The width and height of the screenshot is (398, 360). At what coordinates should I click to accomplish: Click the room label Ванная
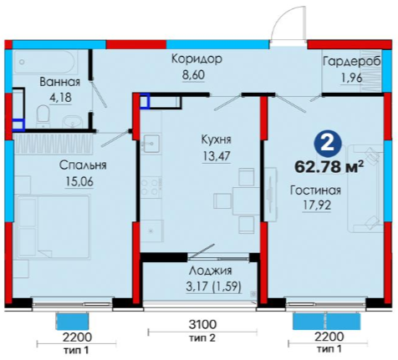(59, 82)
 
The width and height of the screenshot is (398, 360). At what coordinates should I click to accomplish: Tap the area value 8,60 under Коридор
(193, 75)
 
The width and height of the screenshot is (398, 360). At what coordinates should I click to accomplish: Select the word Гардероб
(351, 62)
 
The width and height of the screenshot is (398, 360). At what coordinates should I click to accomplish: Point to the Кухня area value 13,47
(217, 155)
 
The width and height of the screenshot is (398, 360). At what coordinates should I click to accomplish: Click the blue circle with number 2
(328, 144)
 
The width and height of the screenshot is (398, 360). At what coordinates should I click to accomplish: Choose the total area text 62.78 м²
(329, 167)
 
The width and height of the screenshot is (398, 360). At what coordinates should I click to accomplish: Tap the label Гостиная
(315, 190)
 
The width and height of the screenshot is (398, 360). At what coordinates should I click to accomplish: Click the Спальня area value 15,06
(79, 182)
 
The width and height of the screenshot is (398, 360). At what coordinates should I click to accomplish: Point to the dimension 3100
(202, 324)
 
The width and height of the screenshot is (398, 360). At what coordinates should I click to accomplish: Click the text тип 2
(202, 338)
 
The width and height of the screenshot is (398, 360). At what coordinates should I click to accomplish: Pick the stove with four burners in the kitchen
(150, 187)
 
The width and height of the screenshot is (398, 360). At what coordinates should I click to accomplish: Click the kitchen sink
(151, 143)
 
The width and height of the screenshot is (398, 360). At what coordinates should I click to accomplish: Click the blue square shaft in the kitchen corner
(145, 101)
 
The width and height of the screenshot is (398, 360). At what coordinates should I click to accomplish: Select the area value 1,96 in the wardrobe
(352, 78)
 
